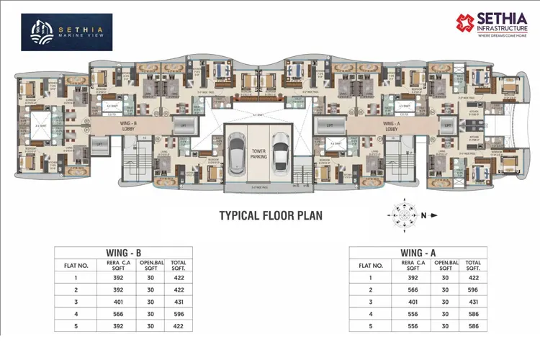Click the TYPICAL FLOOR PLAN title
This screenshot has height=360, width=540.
[270, 215]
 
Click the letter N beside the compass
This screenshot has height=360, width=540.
[424, 215]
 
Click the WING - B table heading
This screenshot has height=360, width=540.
[124, 253]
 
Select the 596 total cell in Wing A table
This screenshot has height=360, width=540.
[473, 289]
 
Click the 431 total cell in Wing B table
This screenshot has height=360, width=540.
[180, 302]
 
